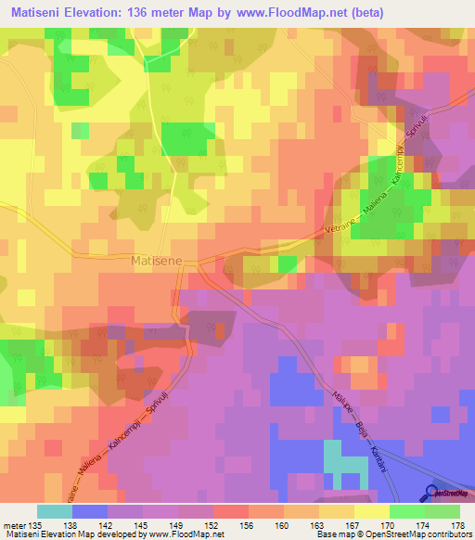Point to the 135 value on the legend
(37, 524)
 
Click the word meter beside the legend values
(16, 524)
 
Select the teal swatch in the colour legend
(55, 511)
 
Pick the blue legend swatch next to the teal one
(90, 511)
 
